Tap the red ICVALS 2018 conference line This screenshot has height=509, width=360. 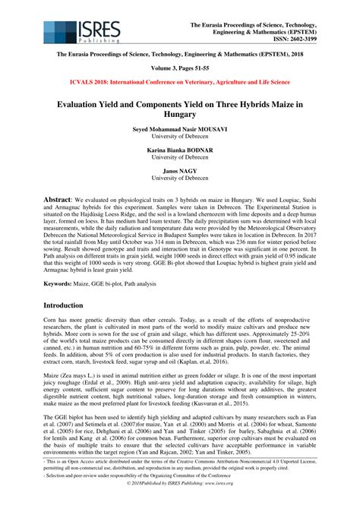click(180, 82)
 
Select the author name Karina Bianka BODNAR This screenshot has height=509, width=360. click(180, 151)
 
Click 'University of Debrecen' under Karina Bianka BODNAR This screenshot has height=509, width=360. click(180, 160)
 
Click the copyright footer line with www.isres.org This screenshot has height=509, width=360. click(180, 502)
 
